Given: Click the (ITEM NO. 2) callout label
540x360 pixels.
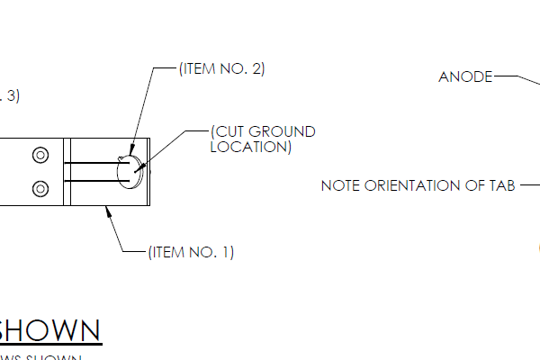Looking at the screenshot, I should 221,68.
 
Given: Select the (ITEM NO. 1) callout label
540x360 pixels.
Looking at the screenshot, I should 191,253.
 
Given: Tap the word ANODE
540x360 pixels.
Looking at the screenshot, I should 465,77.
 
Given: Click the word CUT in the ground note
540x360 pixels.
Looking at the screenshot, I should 229,131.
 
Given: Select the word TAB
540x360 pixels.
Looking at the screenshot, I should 501,186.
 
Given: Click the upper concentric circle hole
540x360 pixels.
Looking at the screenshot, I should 40,154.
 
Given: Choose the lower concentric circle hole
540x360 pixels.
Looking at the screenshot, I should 40,188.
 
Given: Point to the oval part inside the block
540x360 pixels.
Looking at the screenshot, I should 130,172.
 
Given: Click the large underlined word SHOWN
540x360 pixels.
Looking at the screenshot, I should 49,330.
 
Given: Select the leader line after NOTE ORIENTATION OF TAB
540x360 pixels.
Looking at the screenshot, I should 528,186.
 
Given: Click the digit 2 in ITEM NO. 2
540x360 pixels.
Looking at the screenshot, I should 258,68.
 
